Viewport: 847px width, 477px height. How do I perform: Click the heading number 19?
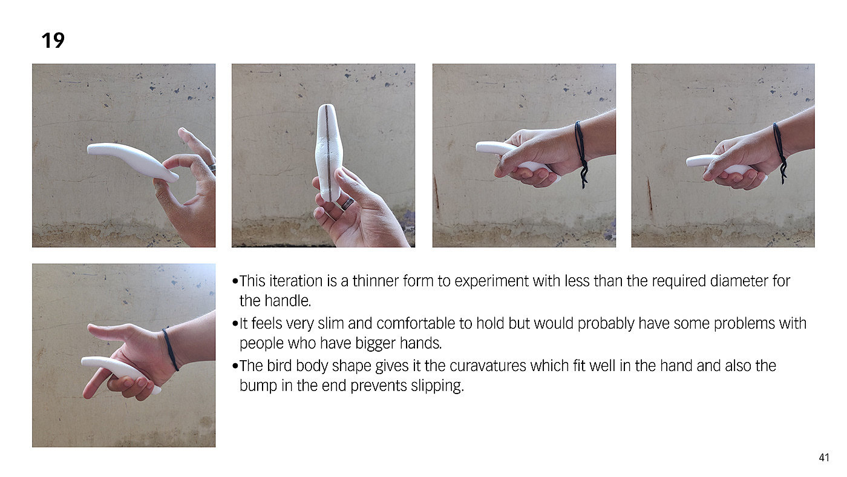(53, 41)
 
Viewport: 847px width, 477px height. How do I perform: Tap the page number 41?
(824, 458)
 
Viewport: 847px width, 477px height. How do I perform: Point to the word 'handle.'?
(287, 301)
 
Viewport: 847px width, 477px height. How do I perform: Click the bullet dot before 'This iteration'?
(235, 281)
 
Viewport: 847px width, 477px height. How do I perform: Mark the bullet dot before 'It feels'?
(235, 324)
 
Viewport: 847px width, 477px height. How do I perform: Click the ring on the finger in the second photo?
(348, 203)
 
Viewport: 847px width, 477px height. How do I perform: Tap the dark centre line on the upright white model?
(327, 153)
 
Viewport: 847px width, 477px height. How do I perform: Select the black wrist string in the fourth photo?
(780, 151)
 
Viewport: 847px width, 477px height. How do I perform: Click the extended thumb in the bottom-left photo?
(110, 331)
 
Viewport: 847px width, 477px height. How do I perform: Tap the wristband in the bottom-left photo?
(171, 350)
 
